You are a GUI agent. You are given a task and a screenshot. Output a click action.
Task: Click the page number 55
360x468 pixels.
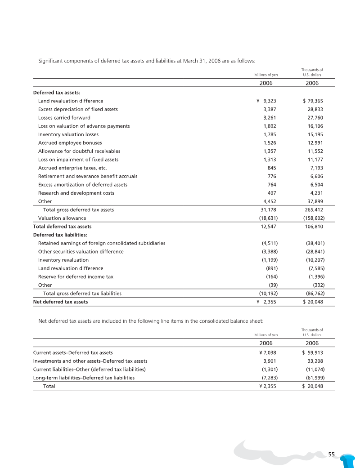click(332, 455)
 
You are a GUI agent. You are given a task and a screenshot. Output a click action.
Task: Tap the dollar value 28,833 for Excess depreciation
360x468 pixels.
click(315, 109)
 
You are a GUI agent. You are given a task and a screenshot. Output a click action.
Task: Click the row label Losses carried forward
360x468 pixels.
click(64, 118)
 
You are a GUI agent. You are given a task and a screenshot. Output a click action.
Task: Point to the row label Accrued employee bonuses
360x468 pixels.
click(70, 143)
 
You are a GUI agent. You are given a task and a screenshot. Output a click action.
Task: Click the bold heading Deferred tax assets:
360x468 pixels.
click(56, 93)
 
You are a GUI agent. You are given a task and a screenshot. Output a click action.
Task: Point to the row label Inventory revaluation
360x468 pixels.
click(63, 260)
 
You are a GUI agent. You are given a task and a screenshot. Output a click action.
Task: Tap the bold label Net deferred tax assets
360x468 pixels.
click(60, 302)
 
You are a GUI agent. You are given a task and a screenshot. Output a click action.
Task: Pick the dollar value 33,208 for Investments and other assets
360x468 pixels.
click(315, 361)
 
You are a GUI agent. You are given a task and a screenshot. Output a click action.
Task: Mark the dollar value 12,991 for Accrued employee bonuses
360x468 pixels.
click(315, 143)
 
